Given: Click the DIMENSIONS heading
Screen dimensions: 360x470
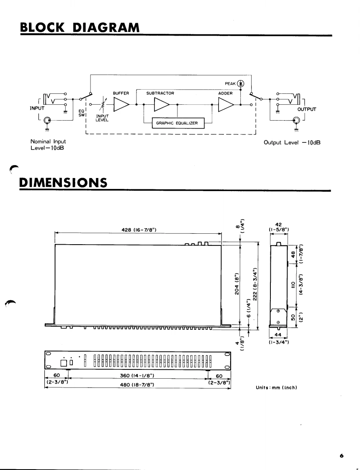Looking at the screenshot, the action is [x=63, y=183].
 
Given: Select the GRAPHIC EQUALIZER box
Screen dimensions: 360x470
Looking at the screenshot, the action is [x=178, y=123].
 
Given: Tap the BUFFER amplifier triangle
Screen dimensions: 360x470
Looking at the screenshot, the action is [x=121, y=104].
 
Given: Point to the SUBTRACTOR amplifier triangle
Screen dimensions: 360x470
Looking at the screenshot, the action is [x=162, y=104].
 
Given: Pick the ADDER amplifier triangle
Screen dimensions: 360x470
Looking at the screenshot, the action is [x=226, y=105].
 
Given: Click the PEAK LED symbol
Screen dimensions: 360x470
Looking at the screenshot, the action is [x=241, y=83].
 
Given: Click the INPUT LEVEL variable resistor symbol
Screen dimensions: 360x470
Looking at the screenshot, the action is [x=103, y=104].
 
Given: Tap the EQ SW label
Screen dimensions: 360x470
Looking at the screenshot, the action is [x=82, y=113].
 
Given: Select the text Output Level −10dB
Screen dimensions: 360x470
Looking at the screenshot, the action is [x=292, y=143].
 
